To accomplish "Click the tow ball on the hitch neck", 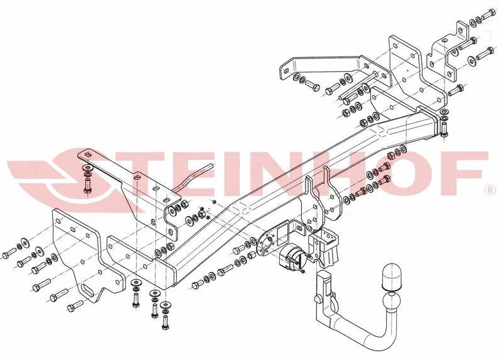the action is click(x=390, y=302).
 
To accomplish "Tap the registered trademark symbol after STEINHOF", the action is click(x=490, y=191).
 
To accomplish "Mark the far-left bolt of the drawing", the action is click(x=9, y=253).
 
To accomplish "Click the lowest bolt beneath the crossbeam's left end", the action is click(x=165, y=322).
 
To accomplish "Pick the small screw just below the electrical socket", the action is click(x=302, y=273).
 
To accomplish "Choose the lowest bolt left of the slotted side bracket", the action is click(x=75, y=306).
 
